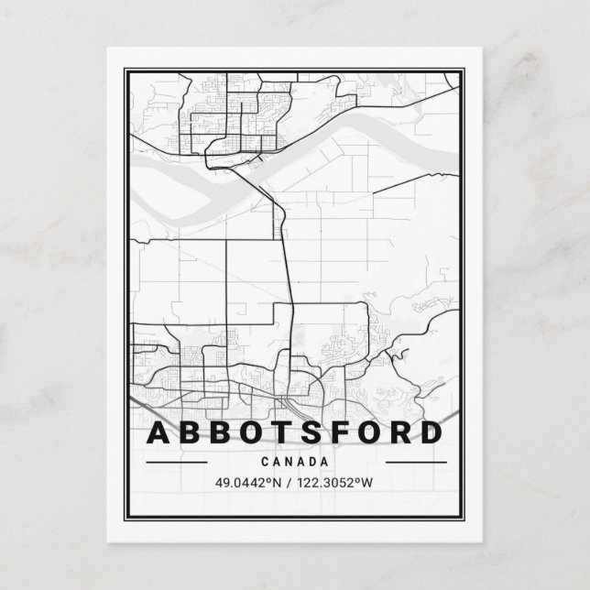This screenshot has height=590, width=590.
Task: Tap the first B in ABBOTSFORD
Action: point(193,432)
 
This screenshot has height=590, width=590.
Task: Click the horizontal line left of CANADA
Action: point(177,462)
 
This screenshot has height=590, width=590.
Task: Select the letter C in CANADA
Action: point(266,462)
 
